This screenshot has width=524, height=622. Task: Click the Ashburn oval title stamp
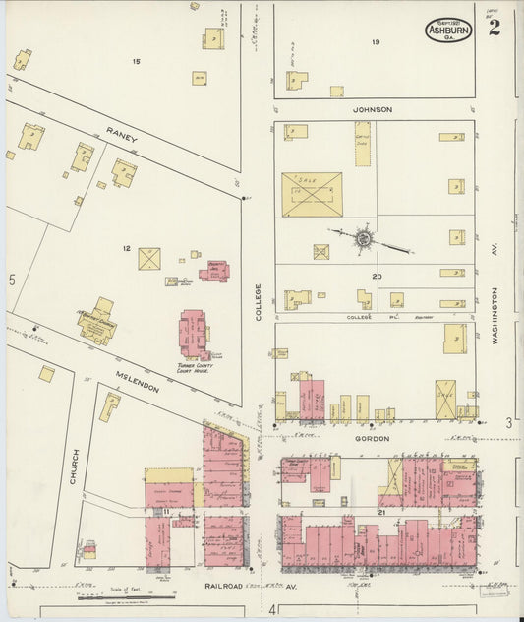click(448, 30)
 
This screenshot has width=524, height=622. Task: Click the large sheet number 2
click(493, 28)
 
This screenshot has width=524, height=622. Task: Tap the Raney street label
click(123, 133)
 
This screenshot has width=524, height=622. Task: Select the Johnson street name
click(374, 109)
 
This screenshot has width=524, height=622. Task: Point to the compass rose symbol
click(363, 237)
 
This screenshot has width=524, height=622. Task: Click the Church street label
click(74, 466)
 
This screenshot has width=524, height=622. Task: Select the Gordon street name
click(373, 437)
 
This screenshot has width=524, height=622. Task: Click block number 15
click(137, 62)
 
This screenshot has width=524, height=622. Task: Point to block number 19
click(376, 42)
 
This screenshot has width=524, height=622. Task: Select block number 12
click(126, 248)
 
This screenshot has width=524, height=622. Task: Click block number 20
click(376, 277)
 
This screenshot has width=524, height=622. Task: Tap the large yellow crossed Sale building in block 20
click(312, 194)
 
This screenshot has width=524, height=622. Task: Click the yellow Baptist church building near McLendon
click(97, 323)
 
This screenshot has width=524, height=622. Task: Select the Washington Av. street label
click(496, 315)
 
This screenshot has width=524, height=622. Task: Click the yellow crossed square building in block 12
click(149, 259)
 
